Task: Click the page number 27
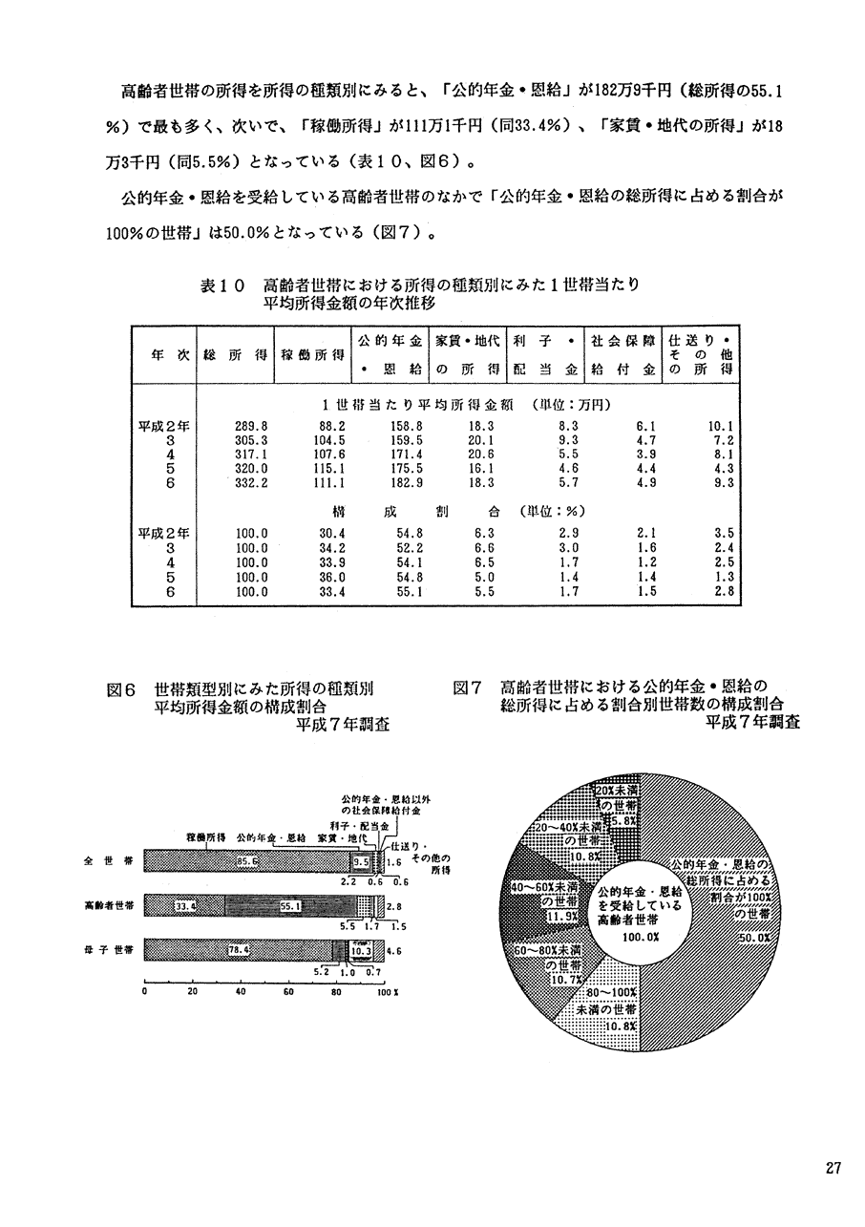[833, 1169]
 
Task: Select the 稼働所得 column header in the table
[311, 355]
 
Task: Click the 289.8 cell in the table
[250, 426]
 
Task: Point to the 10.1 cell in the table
[719, 426]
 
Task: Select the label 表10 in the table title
[223, 286]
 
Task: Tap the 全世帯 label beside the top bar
[99, 861]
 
